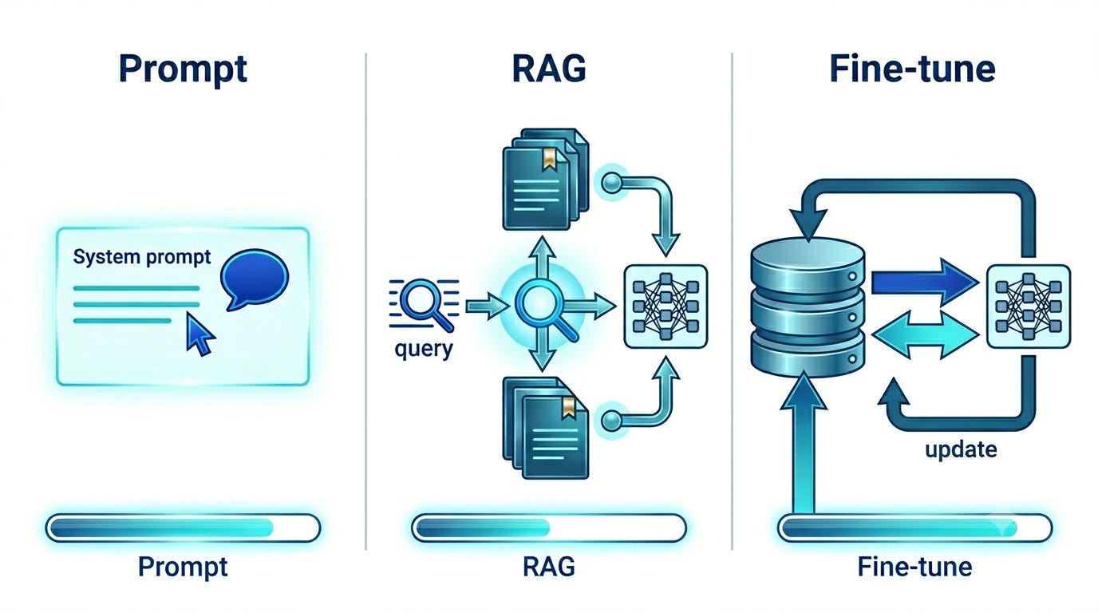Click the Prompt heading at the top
183,70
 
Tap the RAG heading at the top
549,69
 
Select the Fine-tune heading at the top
912,69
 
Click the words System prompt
142,258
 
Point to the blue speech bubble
255,279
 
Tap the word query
424,350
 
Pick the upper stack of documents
546,179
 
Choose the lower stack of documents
546,428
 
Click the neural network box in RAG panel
666,306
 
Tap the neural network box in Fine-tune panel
1029,306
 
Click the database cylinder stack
808,306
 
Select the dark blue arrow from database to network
925,283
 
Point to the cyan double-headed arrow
926,334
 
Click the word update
961,449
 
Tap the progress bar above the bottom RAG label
549,528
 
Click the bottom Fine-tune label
914,567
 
